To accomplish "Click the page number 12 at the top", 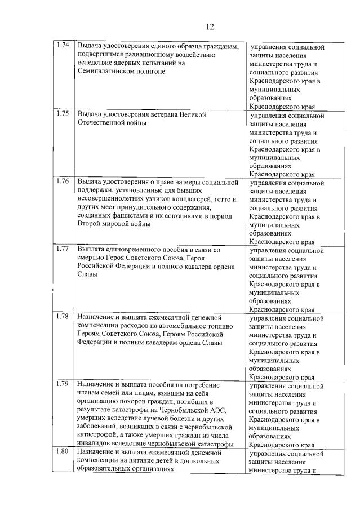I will coord(210,26).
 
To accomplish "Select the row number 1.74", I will coord(63,46).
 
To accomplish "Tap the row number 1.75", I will coord(63,114).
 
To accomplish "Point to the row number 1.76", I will coord(63,181).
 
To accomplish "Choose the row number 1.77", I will coord(63,249).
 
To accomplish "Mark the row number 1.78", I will coord(63,316).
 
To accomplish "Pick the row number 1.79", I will coord(63,384).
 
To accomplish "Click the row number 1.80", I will coord(63,452).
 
